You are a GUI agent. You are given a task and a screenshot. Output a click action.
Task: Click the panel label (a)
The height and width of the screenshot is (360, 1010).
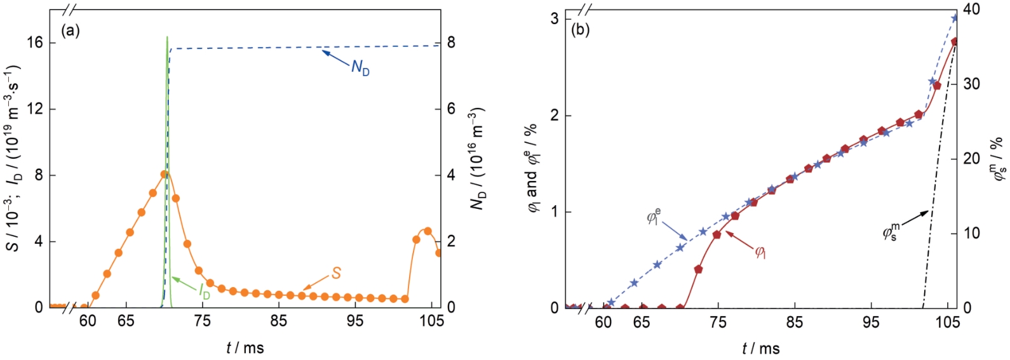tap(71, 30)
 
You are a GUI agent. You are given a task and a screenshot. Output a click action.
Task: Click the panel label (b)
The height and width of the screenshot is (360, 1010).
tap(581, 30)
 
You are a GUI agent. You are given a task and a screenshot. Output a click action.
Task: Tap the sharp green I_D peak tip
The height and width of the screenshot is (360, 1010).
tap(167, 37)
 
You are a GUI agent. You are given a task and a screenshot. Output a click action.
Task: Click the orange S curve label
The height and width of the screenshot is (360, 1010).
tap(336, 274)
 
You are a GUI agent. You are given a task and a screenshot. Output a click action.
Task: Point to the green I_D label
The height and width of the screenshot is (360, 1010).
tap(204, 291)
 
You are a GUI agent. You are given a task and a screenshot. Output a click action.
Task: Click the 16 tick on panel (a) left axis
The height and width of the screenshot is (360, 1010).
tap(35, 43)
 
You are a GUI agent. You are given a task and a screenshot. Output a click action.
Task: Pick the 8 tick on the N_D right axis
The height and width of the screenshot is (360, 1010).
tap(451, 43)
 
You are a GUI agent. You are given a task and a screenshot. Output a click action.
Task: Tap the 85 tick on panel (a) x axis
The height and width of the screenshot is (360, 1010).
tap(279, 321)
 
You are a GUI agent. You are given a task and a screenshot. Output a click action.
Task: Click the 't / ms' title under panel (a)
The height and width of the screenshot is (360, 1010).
tap(245, 347)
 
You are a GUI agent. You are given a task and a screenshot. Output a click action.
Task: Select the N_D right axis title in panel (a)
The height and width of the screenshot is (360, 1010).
tap(477, 158)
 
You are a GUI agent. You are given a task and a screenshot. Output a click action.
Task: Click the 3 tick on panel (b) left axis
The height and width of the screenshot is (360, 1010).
tap(555, 19)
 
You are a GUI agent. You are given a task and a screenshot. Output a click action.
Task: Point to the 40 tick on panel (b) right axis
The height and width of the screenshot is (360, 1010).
tap(972, 10)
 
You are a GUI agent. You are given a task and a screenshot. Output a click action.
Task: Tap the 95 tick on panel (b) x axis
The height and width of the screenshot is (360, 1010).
tap(871, 323)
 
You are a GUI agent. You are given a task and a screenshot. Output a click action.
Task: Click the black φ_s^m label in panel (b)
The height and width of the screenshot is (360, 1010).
tap(892, 232)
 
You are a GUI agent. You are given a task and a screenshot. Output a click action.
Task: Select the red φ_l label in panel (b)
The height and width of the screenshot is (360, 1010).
tap(760, 252)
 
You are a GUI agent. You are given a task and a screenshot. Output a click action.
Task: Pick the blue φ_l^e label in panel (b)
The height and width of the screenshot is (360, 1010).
tap(654, 216)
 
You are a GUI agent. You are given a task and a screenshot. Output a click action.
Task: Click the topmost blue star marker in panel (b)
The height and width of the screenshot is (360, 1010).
tap(955, 18)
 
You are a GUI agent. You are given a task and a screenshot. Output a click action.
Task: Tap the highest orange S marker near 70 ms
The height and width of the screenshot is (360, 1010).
tap(165, 174)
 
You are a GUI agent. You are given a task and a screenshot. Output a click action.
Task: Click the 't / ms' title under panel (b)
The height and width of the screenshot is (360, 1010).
tap(760, 348)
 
